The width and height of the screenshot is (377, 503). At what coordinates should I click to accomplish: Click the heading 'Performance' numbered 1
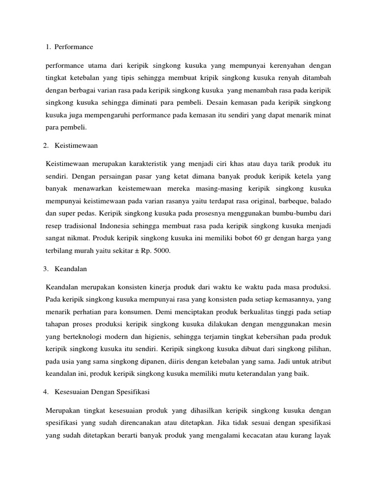[x=74, y=47]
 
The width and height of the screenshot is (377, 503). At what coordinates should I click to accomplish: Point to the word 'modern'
[x=152, y=337]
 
